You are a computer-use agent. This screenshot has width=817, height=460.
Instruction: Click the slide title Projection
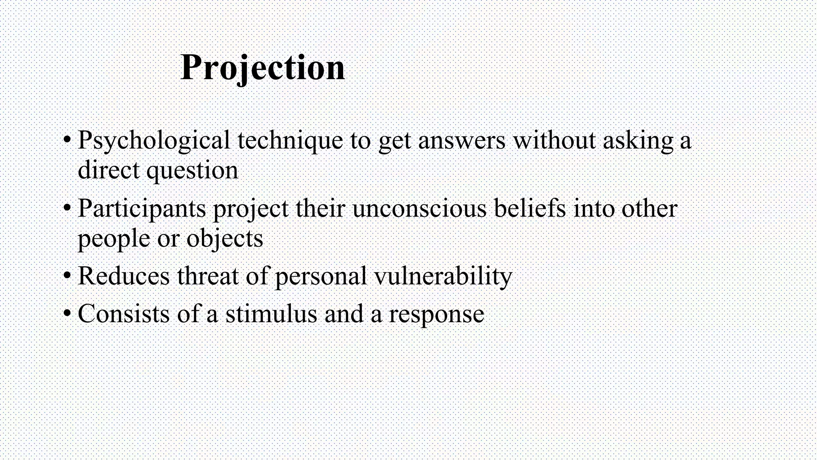point(262,68)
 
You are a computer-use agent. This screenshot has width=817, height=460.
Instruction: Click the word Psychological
point(154,141)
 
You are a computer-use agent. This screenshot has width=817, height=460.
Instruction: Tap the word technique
point(290,141)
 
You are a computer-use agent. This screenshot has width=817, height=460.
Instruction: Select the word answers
point(462,141)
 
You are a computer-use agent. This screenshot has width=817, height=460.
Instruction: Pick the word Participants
point(142,209)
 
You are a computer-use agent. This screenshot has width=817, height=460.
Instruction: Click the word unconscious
point(419,209)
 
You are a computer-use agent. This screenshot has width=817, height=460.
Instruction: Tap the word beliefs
point(530,209)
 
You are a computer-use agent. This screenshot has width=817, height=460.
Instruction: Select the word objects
point(225,239)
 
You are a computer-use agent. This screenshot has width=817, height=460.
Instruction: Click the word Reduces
point(124,276)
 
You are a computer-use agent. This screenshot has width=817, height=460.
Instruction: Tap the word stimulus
point(271,313)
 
